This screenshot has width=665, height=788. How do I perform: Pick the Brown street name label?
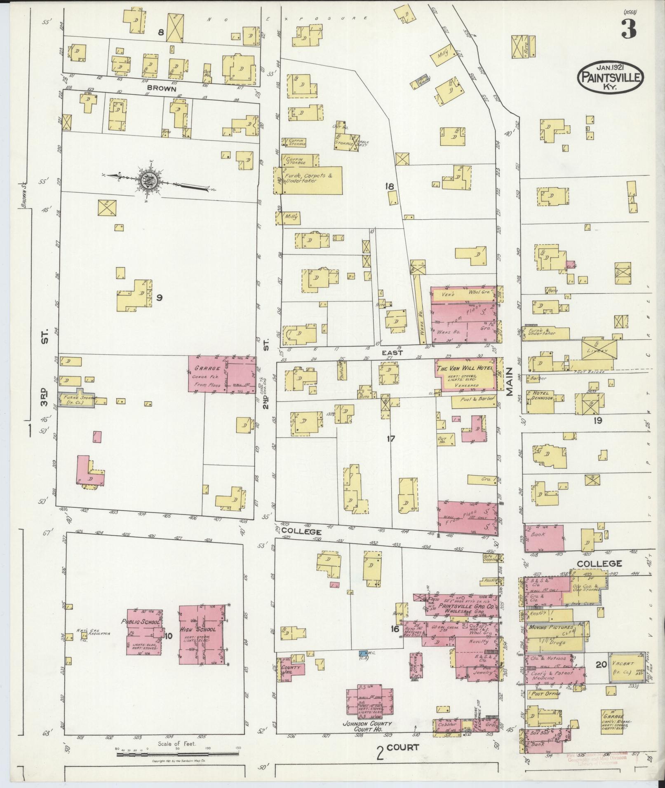click(x=162, y=89)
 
